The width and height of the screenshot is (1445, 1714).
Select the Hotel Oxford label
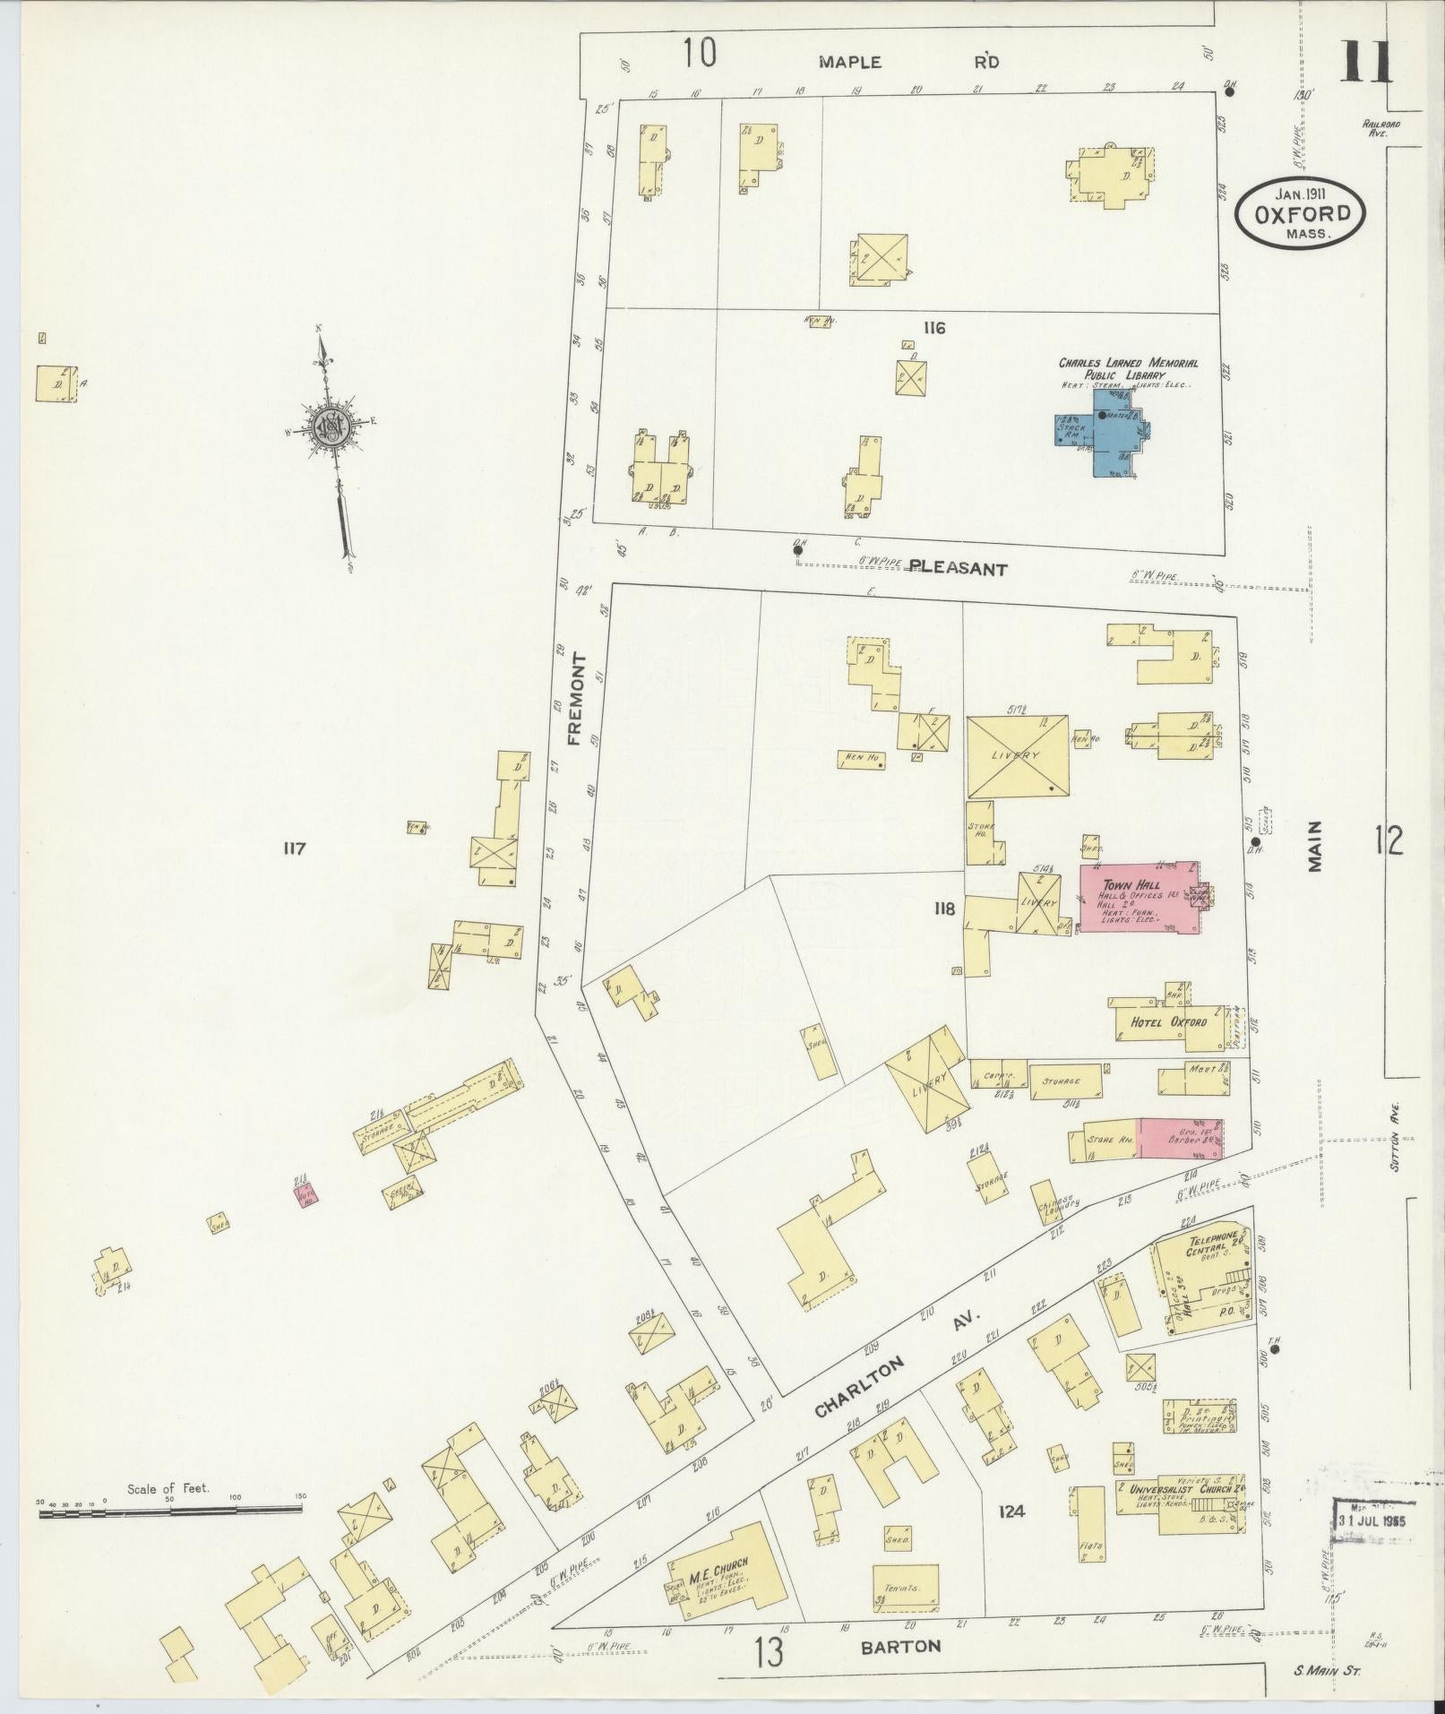[1168, 1022]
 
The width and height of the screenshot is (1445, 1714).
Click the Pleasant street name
[959, 568]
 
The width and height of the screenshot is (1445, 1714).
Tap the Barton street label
[901, 1646]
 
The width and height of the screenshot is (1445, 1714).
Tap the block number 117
[293, 848]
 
